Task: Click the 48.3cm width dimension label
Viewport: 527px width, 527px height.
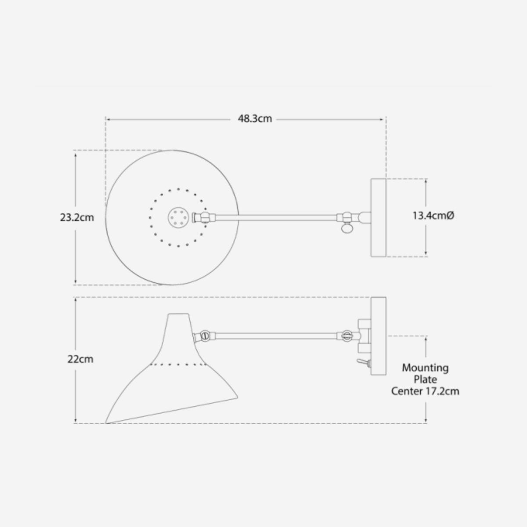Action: click(x=255, y=119)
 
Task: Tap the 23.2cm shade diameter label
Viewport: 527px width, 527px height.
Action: click(x=77, y=218)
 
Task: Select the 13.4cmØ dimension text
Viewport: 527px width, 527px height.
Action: click(x=433, y=216)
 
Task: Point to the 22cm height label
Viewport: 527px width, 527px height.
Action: click(x=80, y=359)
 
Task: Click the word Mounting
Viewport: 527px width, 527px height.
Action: click(x=425, y=368)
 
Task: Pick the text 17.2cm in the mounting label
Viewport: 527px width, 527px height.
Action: click(x=443, y=391)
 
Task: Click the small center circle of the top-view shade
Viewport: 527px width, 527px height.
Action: click(x=178, y=217)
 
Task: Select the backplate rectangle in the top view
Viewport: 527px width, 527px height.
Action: click(x=379, y=218)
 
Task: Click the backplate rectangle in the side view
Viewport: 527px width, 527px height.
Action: click(x=379, y=336)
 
